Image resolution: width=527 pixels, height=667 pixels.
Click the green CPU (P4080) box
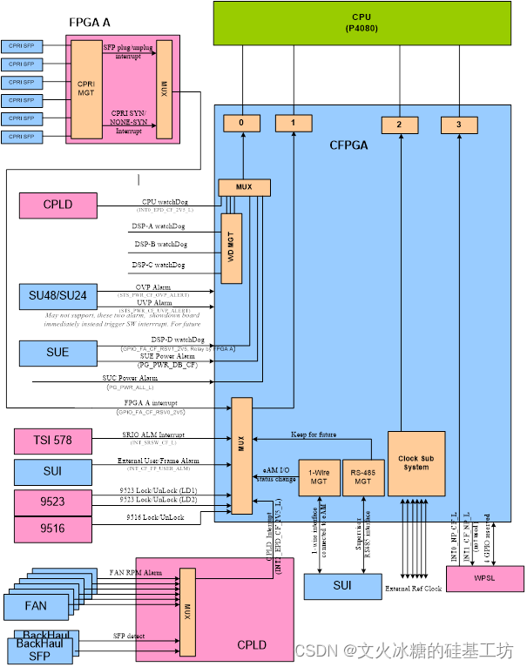361,23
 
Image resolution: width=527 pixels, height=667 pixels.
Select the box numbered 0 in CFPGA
241,124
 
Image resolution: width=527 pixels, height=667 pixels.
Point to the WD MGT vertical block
231,247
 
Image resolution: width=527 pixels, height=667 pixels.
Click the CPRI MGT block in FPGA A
86,89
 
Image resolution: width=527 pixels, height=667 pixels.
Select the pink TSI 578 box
52,441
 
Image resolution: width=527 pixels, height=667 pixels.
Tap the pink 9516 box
52,528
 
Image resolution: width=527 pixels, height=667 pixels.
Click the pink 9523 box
52,502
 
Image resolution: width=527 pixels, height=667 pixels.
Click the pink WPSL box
484,578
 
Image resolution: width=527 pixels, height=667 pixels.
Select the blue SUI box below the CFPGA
341,586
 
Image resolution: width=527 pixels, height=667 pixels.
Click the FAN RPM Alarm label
135,574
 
